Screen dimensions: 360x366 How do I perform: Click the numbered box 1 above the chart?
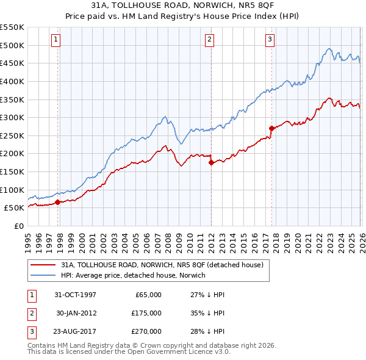coord(56,40)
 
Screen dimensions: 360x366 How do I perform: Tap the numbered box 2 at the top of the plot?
coord(209,40)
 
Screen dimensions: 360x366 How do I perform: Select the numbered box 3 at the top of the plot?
coord(270,40)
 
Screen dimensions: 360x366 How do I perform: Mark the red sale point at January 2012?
coord(211,163)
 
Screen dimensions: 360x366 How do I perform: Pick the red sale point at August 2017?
coord(271,128)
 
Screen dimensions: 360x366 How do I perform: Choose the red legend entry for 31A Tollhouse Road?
coord(162,265)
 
